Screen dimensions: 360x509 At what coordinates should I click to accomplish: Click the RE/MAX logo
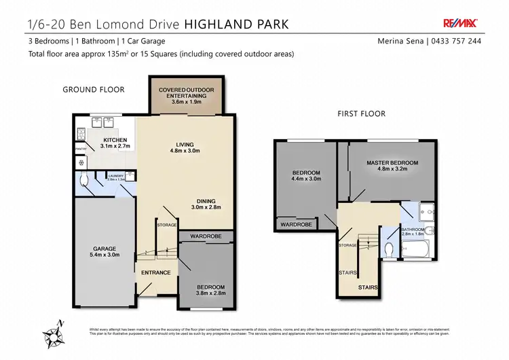tap(459, 22)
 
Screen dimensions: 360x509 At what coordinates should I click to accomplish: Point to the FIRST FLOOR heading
tap(361, 114)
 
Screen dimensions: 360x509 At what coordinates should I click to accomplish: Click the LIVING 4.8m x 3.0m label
tap(185, 148)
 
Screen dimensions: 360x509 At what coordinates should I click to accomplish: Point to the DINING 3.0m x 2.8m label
tap(206, 204)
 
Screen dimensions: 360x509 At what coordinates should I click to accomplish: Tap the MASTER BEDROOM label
tap(392, 166)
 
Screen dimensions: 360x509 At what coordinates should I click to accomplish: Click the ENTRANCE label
tap(155, 273)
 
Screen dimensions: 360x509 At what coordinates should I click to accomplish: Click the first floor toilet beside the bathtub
tap(388, 249)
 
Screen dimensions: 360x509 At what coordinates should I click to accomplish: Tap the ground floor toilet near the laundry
tap(83, 181)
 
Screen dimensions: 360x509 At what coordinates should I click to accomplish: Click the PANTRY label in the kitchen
tap(81, 149)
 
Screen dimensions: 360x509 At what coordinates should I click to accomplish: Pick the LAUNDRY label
tap(115, 177)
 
